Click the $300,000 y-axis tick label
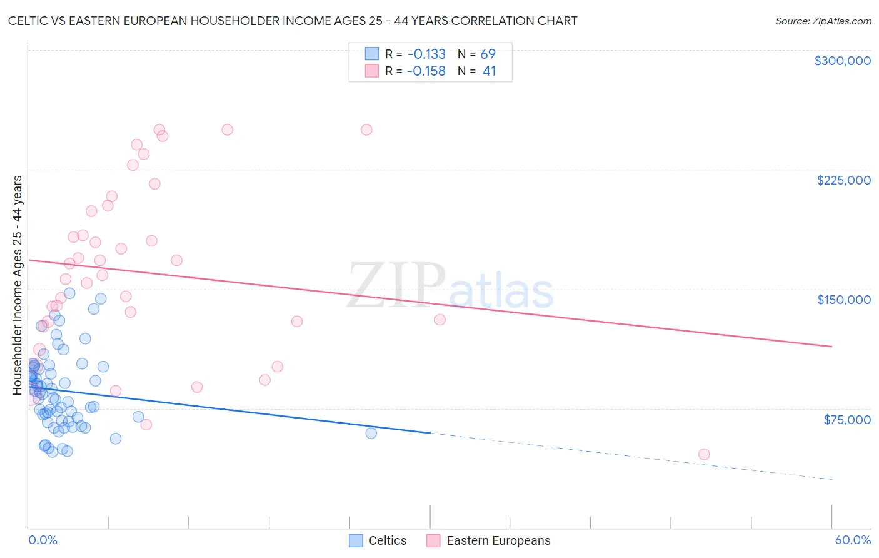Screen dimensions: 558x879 click(x=842, y=61)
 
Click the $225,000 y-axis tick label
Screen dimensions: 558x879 click(x=843, y=180)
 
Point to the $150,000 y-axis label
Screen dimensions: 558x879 click(x=843, y=300)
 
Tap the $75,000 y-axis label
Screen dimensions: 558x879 click(x=846, y=420)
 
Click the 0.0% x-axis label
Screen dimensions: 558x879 click(x=43, y=540)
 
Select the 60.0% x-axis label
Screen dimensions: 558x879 click(x=852, y=540)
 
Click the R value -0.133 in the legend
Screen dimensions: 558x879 click(x=426, y=54)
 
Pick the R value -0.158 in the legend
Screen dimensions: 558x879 click(x=426, y=71)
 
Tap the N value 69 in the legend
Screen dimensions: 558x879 click(x=488, y=54)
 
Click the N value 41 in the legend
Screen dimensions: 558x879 click(x=489, y=71)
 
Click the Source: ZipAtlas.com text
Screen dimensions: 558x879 click(x=823, y=21)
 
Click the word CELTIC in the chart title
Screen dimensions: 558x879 click(x=29, y=21)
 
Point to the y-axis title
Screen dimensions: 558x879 click(x=17, y=285)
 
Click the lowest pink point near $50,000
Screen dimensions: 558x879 click(x=704, y=454)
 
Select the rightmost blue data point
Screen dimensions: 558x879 click(x=371, y=433)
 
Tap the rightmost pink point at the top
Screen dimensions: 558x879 click(x=366, y=129)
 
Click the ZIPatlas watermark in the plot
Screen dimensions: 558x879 click(x=450, y=285)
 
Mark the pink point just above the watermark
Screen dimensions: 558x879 click(x=176, y=260)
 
